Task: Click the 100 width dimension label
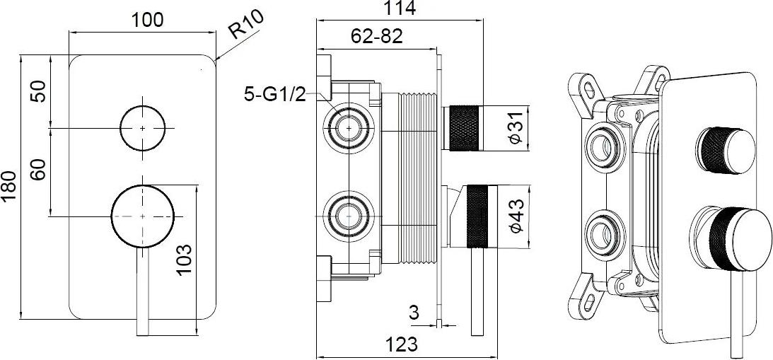(x=146, y=20)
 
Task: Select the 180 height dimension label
(x=9, y=187)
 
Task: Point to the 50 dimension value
(x=40, y=91)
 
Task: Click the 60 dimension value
(x=40, y=170)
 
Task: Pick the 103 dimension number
(x=184, y=260)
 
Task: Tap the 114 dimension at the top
(x=400, y=7)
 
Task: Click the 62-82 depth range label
(x=377, y=36)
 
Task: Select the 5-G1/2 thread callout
(x=275, y=94)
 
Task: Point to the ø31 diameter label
(x=516, y=127)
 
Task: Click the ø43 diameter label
(x=516, y=216)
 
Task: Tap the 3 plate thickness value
(x=414, y=312)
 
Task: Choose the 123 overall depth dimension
(x=402, y=344)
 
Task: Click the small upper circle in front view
(x=142, y=128)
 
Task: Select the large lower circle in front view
(x=142, y=216)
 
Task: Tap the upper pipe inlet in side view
(x=349, y=128)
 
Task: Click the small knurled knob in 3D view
(x=726, y=151)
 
